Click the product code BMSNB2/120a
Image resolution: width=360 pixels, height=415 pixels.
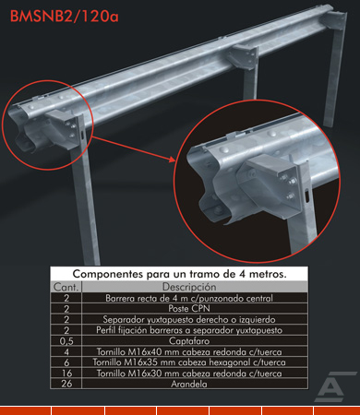click(x=65, y=17)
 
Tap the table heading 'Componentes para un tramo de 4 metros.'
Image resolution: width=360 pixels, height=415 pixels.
click(x=179, y=274)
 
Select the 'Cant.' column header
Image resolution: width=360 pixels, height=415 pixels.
click(x=66, y=287)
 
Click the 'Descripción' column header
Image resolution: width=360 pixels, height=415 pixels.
click(x=189, y=287)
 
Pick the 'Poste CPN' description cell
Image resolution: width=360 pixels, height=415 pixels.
click(x=189, y=308)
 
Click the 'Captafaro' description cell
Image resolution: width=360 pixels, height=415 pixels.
click(x=189, y=341)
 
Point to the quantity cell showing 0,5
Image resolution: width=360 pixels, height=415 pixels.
click(x=66, y=341)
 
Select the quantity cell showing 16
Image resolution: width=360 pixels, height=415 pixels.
click(x=66, y=373)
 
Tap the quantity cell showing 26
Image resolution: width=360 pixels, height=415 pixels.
click(x=66, y=384)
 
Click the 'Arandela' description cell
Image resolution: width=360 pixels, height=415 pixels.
click(x=189, y=384)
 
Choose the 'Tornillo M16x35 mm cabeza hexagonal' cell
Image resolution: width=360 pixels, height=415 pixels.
click(x=189, y=362)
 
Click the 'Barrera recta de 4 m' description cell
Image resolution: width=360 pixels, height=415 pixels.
click(x=189, y=298)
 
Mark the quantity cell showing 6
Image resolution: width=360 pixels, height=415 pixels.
click(x=66, y=362)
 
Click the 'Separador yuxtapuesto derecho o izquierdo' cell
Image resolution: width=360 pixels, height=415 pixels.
click(x=189, y=319)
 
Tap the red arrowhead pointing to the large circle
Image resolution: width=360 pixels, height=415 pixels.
click(x=172, y=159)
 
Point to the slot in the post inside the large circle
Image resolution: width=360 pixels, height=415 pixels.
click(x=306, y=196)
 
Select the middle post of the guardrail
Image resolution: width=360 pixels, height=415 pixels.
click(x=250, y=74)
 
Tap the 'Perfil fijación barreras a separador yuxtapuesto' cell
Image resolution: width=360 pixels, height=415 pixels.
click(x=189, y=330)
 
